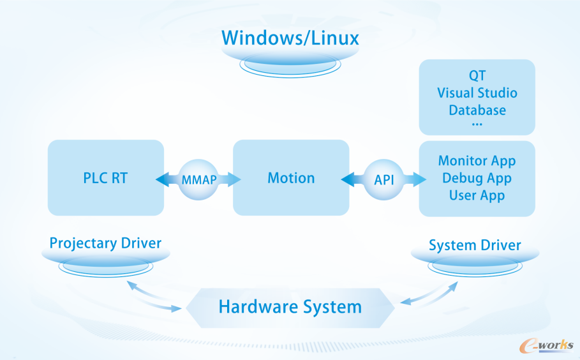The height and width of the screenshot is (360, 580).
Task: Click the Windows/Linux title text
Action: point(290,38)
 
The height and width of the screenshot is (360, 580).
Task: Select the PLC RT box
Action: point(106,177)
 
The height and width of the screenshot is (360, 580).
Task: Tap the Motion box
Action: point(291,177)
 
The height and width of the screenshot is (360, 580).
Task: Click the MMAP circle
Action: point(198,179)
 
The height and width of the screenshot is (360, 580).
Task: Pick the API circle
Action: point(383,179)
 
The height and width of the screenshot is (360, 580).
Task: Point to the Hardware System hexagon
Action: point(290,308)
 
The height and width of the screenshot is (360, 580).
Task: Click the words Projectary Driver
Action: point(105,243)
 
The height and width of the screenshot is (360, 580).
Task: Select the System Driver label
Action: point(475,245)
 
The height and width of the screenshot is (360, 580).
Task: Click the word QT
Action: point(477,75)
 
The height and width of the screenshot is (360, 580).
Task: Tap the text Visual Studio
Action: point(477,93)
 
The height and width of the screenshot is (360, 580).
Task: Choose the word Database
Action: point(477,110)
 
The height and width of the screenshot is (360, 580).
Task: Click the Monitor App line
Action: point(477,161)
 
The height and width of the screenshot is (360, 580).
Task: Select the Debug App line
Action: point(477,178)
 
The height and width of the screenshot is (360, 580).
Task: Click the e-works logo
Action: point(546,345)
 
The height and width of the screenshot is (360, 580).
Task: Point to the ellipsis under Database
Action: point(477,124)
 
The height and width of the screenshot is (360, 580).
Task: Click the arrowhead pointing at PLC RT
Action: point(162,179)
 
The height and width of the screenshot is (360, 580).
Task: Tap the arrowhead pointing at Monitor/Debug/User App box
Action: point(419,179)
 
